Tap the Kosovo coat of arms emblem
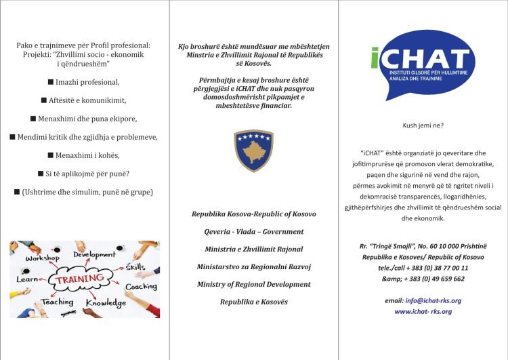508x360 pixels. pyautogui.click(x=253, y=151)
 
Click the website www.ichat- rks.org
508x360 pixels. pyautogui.click(x=423, y=311)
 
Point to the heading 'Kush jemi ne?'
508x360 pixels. pyautogui.click(x=423, y=126)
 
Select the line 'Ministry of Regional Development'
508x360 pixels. pyautogui.click(x=253, y=284)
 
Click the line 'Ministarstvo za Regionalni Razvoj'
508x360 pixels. pyautogui.click(x=253, y=266)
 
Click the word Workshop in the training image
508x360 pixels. pyautogui.click(x=42, y=258)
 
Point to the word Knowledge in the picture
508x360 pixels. pyautogui.click(x=106, y=303)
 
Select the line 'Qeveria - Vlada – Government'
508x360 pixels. pyautogui.click(x=253, y=231)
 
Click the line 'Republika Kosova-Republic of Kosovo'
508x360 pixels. pyautogui.click(x=253, y=214)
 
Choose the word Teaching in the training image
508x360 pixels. pyautogui.click(x=57, y=302)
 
